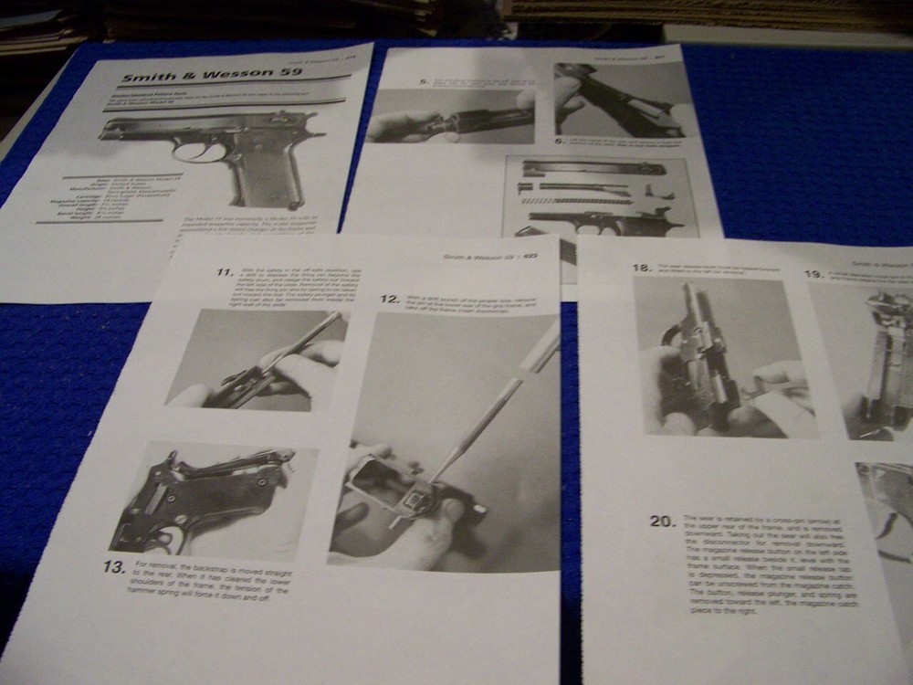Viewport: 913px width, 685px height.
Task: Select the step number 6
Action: [560, 141]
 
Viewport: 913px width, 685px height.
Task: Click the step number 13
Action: [114, 567]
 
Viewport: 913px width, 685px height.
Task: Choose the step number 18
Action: [641, 268]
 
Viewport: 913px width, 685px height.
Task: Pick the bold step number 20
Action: [662, 521]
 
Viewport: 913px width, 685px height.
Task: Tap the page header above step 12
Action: [488, 258]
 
